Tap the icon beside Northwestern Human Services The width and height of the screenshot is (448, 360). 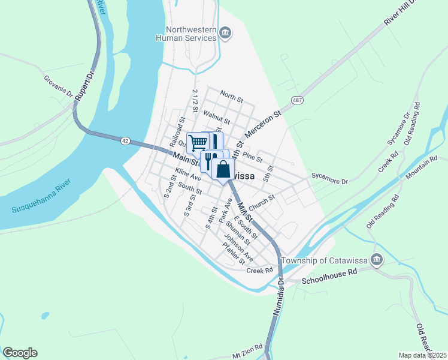[225, 32]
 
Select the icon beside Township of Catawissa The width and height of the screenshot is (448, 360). [377, 260]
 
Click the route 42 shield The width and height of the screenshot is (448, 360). [125, 140]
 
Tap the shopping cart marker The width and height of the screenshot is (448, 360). [198, 143]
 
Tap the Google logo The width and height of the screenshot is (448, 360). [20, 353]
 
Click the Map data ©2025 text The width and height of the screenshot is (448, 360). [423, 355]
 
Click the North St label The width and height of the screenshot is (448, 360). [231, 95]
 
